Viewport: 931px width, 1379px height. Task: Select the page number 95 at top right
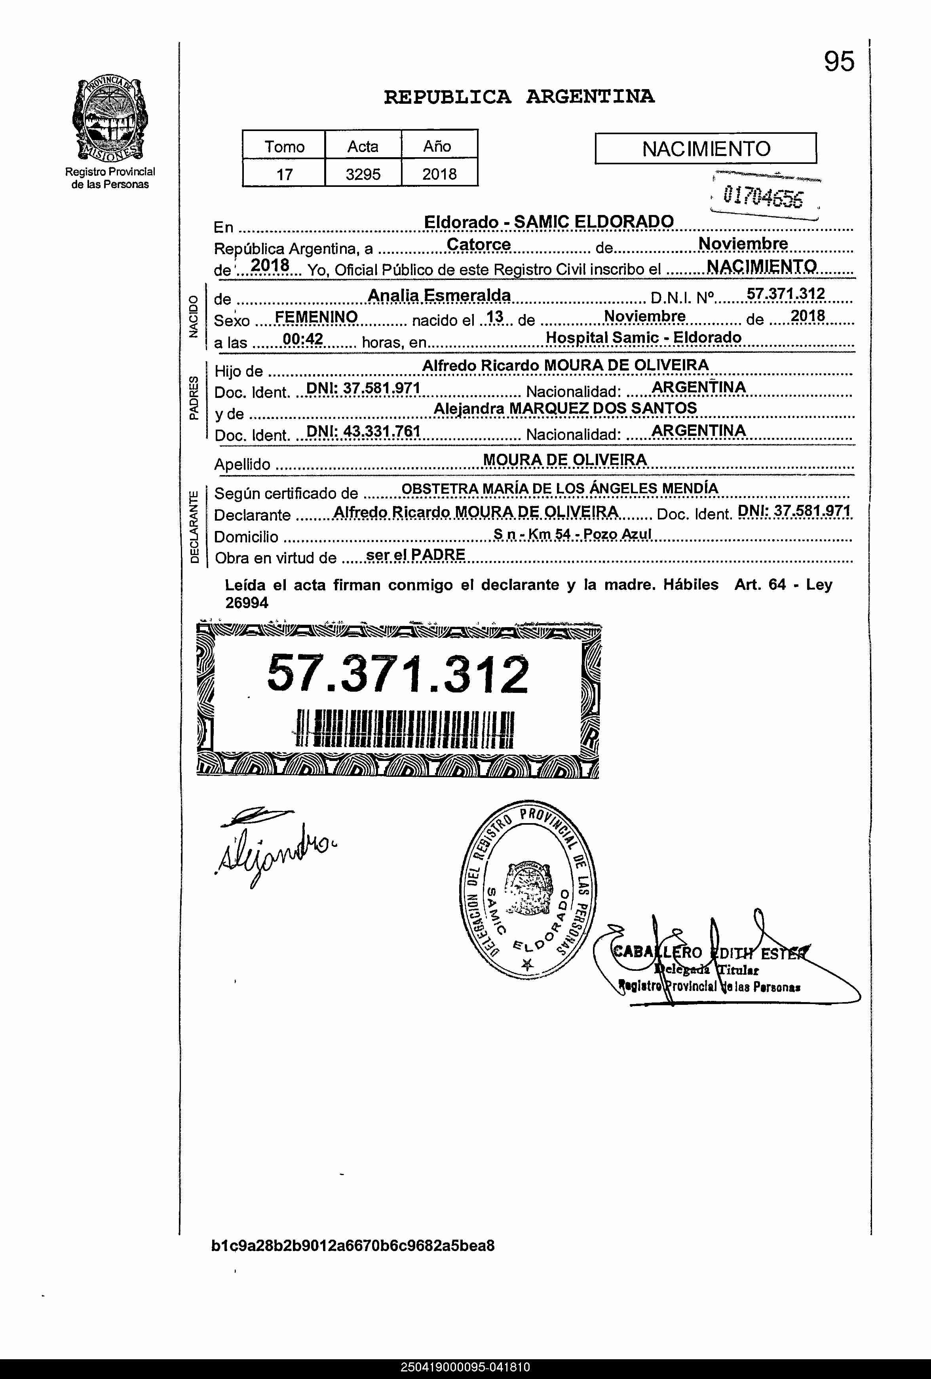tap(838, 61)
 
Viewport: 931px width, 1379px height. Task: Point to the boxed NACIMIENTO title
tap(705, 148)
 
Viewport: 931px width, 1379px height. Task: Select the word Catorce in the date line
tap(478, 244)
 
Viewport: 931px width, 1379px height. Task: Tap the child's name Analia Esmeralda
tap(439, 295)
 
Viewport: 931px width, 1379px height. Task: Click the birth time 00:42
tap(303, 339)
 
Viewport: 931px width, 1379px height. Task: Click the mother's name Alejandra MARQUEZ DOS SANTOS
tap(565, 408)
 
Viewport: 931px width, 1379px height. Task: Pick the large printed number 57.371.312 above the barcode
tap(397, 674)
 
